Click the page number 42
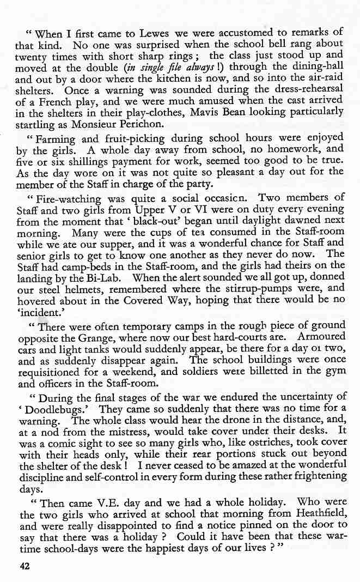click(24, 566)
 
